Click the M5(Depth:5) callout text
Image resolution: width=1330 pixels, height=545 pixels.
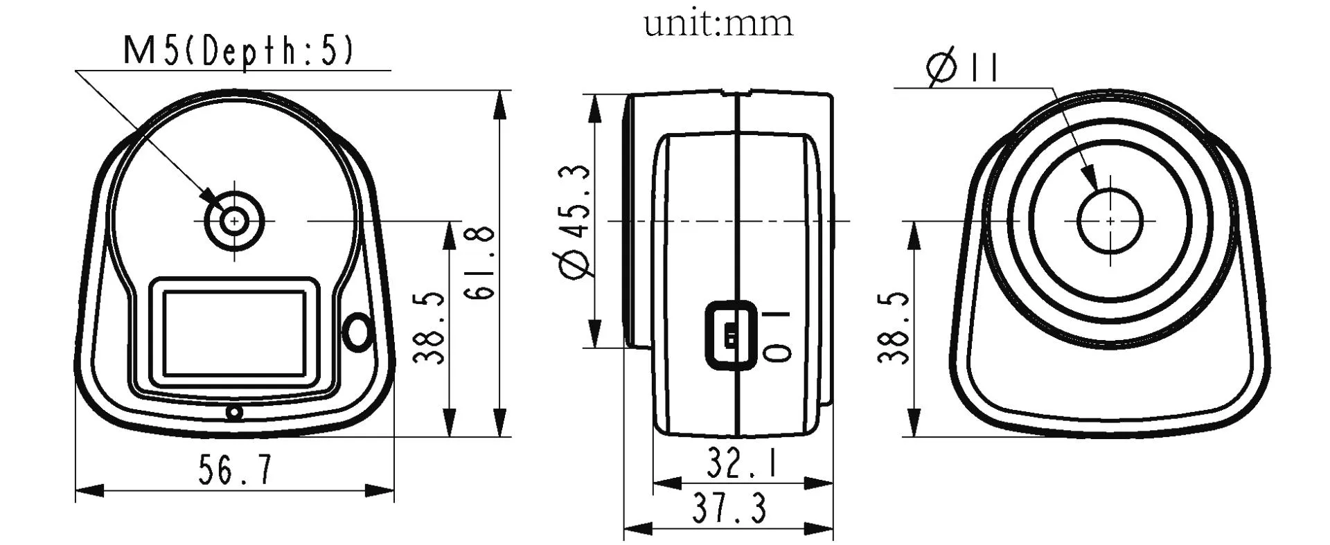[238, 51]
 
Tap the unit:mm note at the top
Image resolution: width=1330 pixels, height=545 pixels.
[718, 23]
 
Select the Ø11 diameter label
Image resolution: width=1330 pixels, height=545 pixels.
[963, 69]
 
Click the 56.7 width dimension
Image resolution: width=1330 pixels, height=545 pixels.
[235, 470]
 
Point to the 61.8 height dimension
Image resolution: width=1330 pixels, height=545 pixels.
[480, 262]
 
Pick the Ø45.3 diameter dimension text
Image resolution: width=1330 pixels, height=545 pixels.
[576, 222]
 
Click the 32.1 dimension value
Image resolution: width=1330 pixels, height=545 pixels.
[742, 463]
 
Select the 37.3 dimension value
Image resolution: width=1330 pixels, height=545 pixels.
[729, 509]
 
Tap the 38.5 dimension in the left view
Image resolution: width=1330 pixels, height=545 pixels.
[429, 327]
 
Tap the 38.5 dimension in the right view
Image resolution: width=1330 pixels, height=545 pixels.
[894, 327]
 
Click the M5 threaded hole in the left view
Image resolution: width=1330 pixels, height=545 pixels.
[235, 221]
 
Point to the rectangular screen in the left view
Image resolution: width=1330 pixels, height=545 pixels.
[234, 334]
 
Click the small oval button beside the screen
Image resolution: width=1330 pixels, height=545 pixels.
[358, 330]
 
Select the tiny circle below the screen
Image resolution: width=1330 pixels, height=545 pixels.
[235, 413]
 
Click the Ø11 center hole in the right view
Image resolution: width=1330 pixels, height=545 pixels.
[1110, 221]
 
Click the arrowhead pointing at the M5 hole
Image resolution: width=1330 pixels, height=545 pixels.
[209, 197]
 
